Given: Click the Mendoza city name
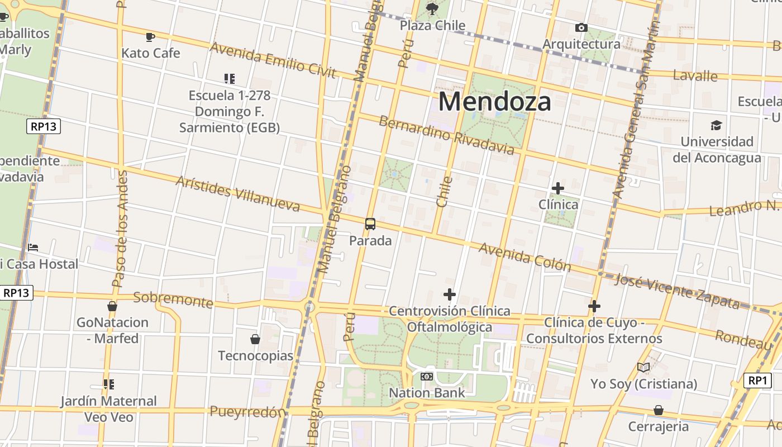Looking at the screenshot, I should (494, 102).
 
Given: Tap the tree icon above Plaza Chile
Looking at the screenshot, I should (432, 8).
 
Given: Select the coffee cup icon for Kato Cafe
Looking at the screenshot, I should (150, 37).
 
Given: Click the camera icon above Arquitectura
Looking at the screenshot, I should (581, 27).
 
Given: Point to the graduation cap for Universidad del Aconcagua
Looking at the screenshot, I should (716, 125).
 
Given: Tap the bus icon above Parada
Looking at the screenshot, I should (370, 224).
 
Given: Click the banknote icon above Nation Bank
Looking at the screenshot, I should (427, 377).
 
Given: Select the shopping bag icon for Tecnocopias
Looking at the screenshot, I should (255, 339).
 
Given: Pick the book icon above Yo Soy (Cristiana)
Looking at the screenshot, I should (643, 367).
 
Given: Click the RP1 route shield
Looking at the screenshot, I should (757, 381).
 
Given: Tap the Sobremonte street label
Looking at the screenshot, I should (173, 300).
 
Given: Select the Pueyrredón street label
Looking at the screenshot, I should (247, 412).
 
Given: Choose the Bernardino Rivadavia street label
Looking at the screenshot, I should (446, 135).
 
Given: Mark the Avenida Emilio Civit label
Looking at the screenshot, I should (273, 60).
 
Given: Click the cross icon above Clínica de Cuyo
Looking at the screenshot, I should (594, 306).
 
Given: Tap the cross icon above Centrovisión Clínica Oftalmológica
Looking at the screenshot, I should (450, 294).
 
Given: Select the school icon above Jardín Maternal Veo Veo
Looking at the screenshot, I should (108, 384).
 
